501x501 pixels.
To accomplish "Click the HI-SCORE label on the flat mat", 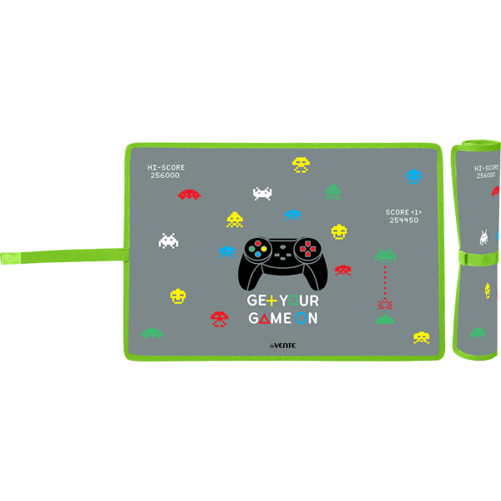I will click(165, 168).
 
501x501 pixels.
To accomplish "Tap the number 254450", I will click(403, 220).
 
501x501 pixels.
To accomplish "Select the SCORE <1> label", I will click(403, 212).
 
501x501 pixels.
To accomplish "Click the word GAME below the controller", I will click(271, 318).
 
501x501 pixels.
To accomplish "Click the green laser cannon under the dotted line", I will click(384, 319).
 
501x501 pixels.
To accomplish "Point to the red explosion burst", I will click(384, 304).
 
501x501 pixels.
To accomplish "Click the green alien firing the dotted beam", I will click(384, 253).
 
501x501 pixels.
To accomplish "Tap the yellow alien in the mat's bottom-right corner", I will click(421, 337).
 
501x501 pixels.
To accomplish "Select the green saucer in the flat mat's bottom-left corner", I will click(152, 333).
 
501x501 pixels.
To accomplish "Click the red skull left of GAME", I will click(219, 318).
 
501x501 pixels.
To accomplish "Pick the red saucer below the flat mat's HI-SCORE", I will click(190, 195).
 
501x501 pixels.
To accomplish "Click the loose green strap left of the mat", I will click(58, 254).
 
